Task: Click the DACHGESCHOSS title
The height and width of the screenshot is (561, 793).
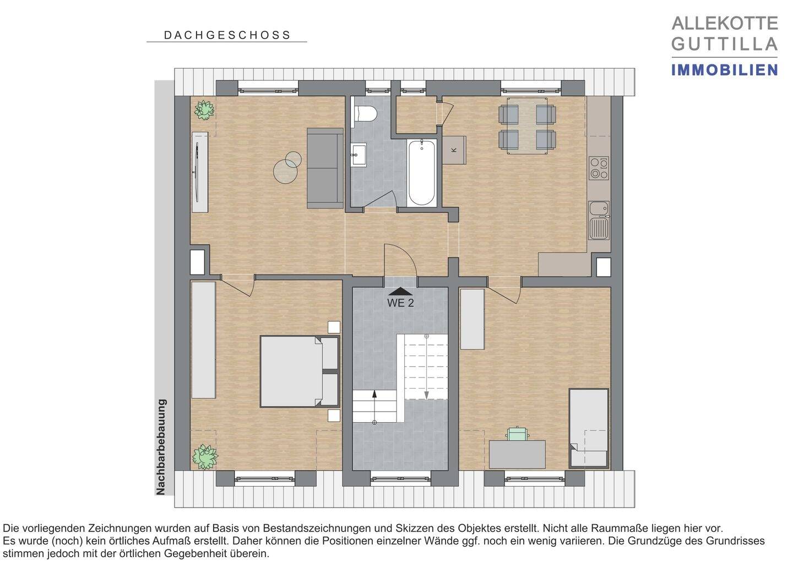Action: [227, 35]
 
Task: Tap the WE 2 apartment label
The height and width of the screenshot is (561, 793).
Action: [400, 303]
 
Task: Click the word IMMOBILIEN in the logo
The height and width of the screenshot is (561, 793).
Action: [724, 70]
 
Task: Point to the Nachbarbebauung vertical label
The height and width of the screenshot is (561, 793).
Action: [161, 447]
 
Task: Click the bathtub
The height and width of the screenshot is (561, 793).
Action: [422, 172]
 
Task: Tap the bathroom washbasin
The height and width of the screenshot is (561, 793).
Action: [360, 155]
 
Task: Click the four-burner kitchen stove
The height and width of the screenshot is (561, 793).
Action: [599, 168]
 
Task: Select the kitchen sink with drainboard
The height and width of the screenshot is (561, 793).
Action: [599, 220]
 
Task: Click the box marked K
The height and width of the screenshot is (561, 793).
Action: [454, 150]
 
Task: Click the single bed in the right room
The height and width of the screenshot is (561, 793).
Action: [588, 428]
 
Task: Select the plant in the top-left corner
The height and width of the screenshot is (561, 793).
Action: [204, 110]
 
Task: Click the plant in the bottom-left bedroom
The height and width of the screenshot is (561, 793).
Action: [204, 456]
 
